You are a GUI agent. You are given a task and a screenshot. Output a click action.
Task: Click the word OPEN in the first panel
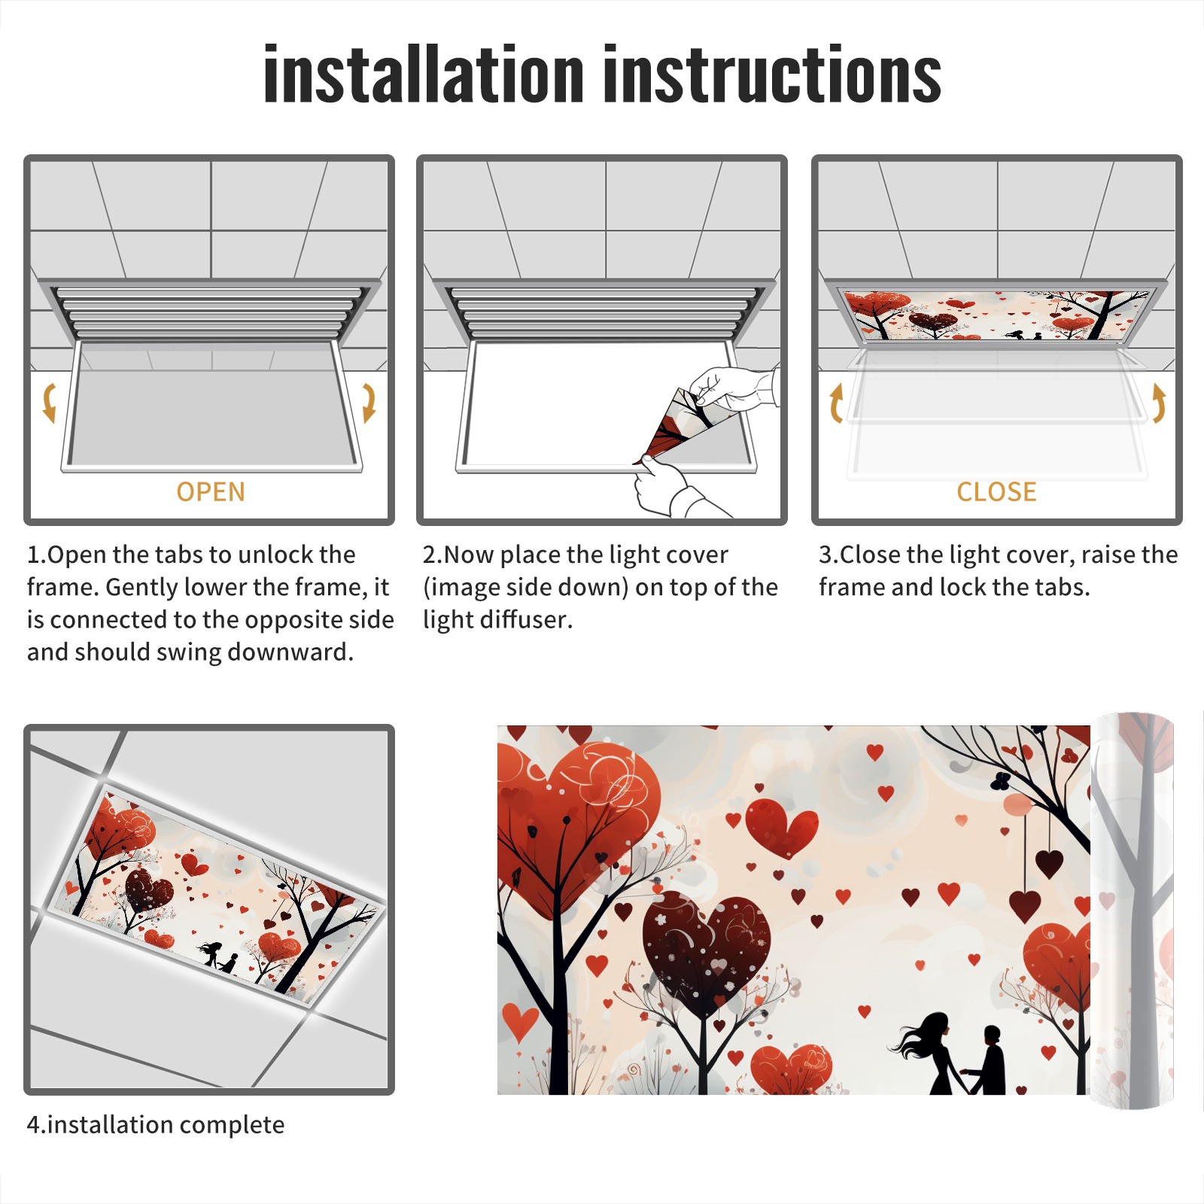(211, 492)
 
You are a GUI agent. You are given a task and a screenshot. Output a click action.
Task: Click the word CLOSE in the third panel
(996, 492)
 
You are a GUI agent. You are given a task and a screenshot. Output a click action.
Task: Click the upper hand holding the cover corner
(734, 389)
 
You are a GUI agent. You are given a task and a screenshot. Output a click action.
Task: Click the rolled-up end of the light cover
(1133, 911)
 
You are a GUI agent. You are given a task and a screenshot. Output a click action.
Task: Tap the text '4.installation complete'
(156, 1125)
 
